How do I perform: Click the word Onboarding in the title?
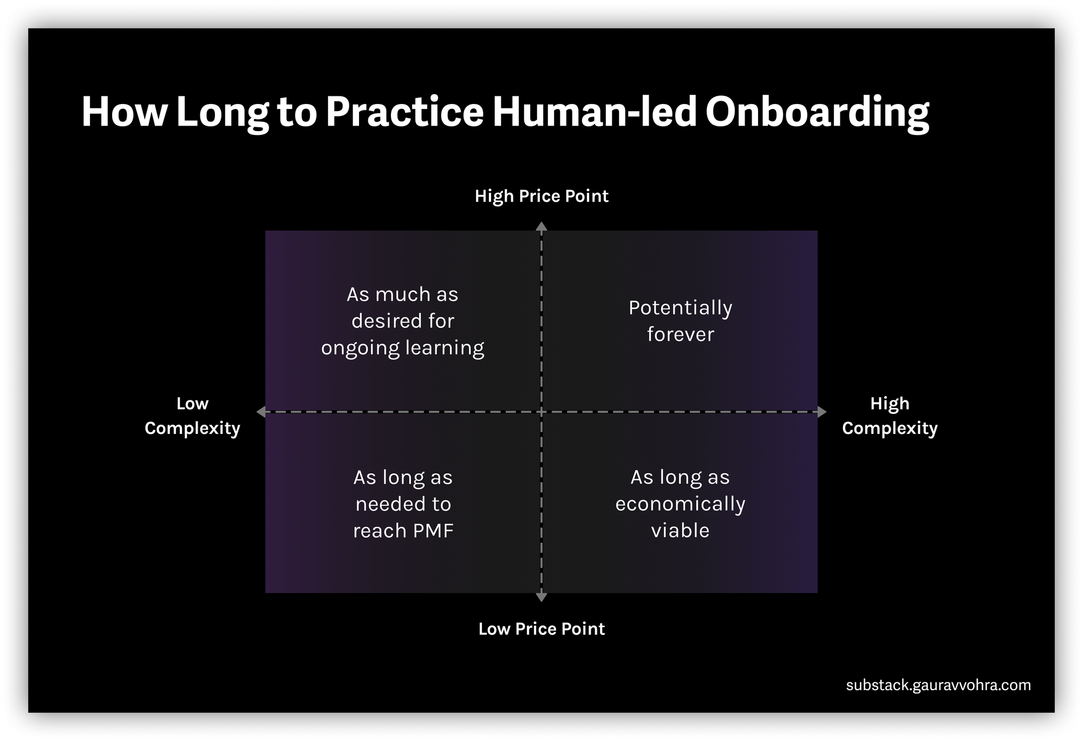click(817, 112)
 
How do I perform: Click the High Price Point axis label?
click(541, 196)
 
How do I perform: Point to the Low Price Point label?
click(541, 629)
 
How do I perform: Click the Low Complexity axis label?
click(192, 416)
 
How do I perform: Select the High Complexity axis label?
click(890, 416)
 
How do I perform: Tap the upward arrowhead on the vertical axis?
click(541, 226)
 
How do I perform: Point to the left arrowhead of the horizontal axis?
click(261, 412)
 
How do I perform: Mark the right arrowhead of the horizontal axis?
click(822, 412)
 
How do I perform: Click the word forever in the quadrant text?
click(681, 335)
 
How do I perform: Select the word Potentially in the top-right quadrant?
click(681, 308)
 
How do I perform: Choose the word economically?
click(681, 504)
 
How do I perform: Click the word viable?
click(681, 531)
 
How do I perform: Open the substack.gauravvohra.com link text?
click(938, 685)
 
